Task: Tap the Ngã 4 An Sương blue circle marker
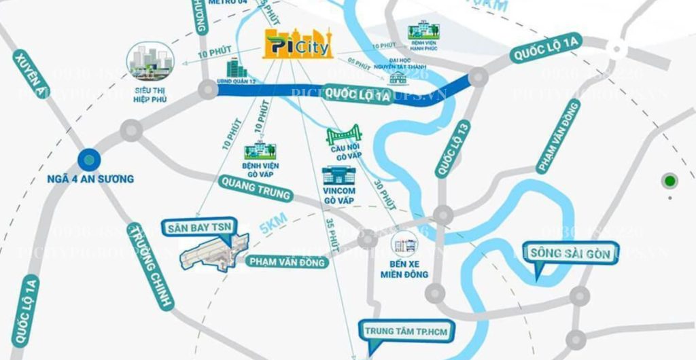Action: point(88,160)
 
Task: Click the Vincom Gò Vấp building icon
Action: point(338,176)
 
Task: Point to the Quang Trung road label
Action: point(256,188)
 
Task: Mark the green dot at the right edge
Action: point(670,181)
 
